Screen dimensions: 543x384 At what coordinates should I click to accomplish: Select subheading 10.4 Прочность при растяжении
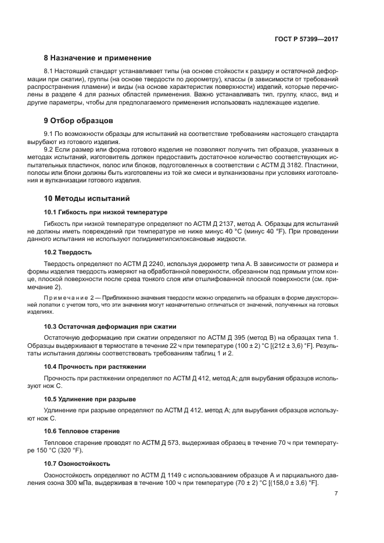pyautogui.click(x=95, y=366)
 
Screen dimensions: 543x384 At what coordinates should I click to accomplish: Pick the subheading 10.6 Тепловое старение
pyautogui.click(x=82, y=431)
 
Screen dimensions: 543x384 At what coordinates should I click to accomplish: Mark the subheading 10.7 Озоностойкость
pyautogui.click(x=77, y=463)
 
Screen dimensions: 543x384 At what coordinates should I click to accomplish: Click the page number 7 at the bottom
pyautogui.click(x=336, y=494)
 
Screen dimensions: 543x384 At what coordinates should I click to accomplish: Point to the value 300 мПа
pyautogui.click(x=102, y=483)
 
